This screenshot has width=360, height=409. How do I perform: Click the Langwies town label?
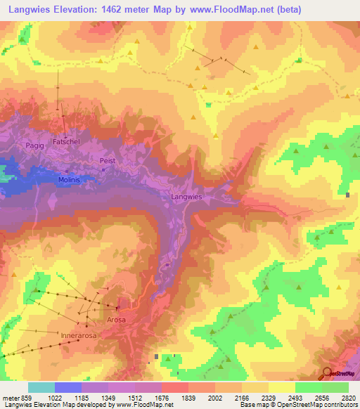(x=186, y=197)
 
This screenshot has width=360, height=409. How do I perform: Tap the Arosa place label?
(x=116, y=320)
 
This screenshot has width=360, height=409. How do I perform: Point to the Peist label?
(x=108, y=160)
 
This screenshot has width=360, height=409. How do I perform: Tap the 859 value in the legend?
(x=27, y=398)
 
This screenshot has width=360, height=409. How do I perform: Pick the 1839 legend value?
(x=189, y=398)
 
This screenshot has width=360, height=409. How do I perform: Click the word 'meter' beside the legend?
(x=10, y=398)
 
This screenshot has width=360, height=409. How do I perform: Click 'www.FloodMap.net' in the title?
(x=231, y=10)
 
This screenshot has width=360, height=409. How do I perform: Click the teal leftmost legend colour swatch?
(x=41, y=387)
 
